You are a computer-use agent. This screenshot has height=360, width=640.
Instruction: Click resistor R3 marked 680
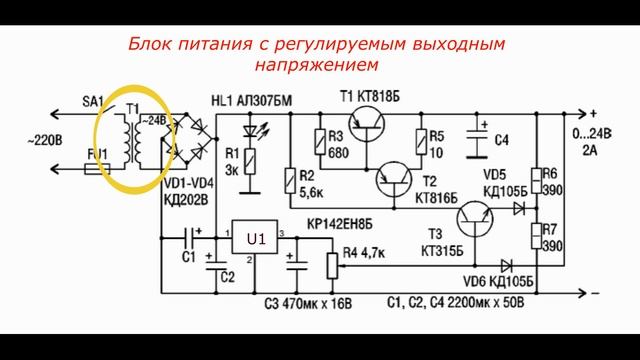[318, 141]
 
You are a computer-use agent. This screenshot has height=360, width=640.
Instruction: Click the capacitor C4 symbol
[483, 136]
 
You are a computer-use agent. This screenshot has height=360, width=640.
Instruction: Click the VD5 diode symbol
[518, 208]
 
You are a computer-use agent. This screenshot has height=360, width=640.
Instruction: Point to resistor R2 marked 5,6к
[289, 179]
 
